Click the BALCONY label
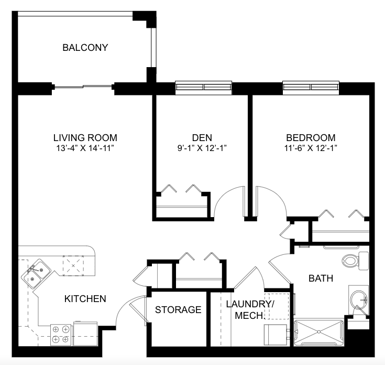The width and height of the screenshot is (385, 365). [85, 47]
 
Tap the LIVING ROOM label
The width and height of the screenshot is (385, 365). [85, 137]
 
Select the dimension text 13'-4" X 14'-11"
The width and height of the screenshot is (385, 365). [85, 148]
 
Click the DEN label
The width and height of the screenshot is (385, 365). [202, 137]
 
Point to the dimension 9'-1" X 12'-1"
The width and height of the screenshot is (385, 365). [202, 148]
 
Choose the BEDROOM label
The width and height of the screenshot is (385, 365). [311, 137]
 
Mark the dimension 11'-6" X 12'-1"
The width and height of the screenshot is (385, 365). [311, 148]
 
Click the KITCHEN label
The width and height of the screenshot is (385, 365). [85, 299]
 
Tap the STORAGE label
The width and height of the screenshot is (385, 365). [178, 310]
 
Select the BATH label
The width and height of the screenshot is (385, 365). [321, 278]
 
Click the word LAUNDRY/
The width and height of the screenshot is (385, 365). [250, 304]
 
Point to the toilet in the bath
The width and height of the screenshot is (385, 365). [355, 261]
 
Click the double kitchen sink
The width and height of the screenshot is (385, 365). [36, 274]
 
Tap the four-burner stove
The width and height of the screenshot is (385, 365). [61, 335]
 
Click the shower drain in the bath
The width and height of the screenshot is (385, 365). [318, 332]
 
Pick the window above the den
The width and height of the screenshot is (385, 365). [204, 87]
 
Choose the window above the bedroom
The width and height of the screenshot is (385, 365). [311, 87]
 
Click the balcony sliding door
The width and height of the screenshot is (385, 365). [83, 87]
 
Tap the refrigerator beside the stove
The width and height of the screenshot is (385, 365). [85, 334]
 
